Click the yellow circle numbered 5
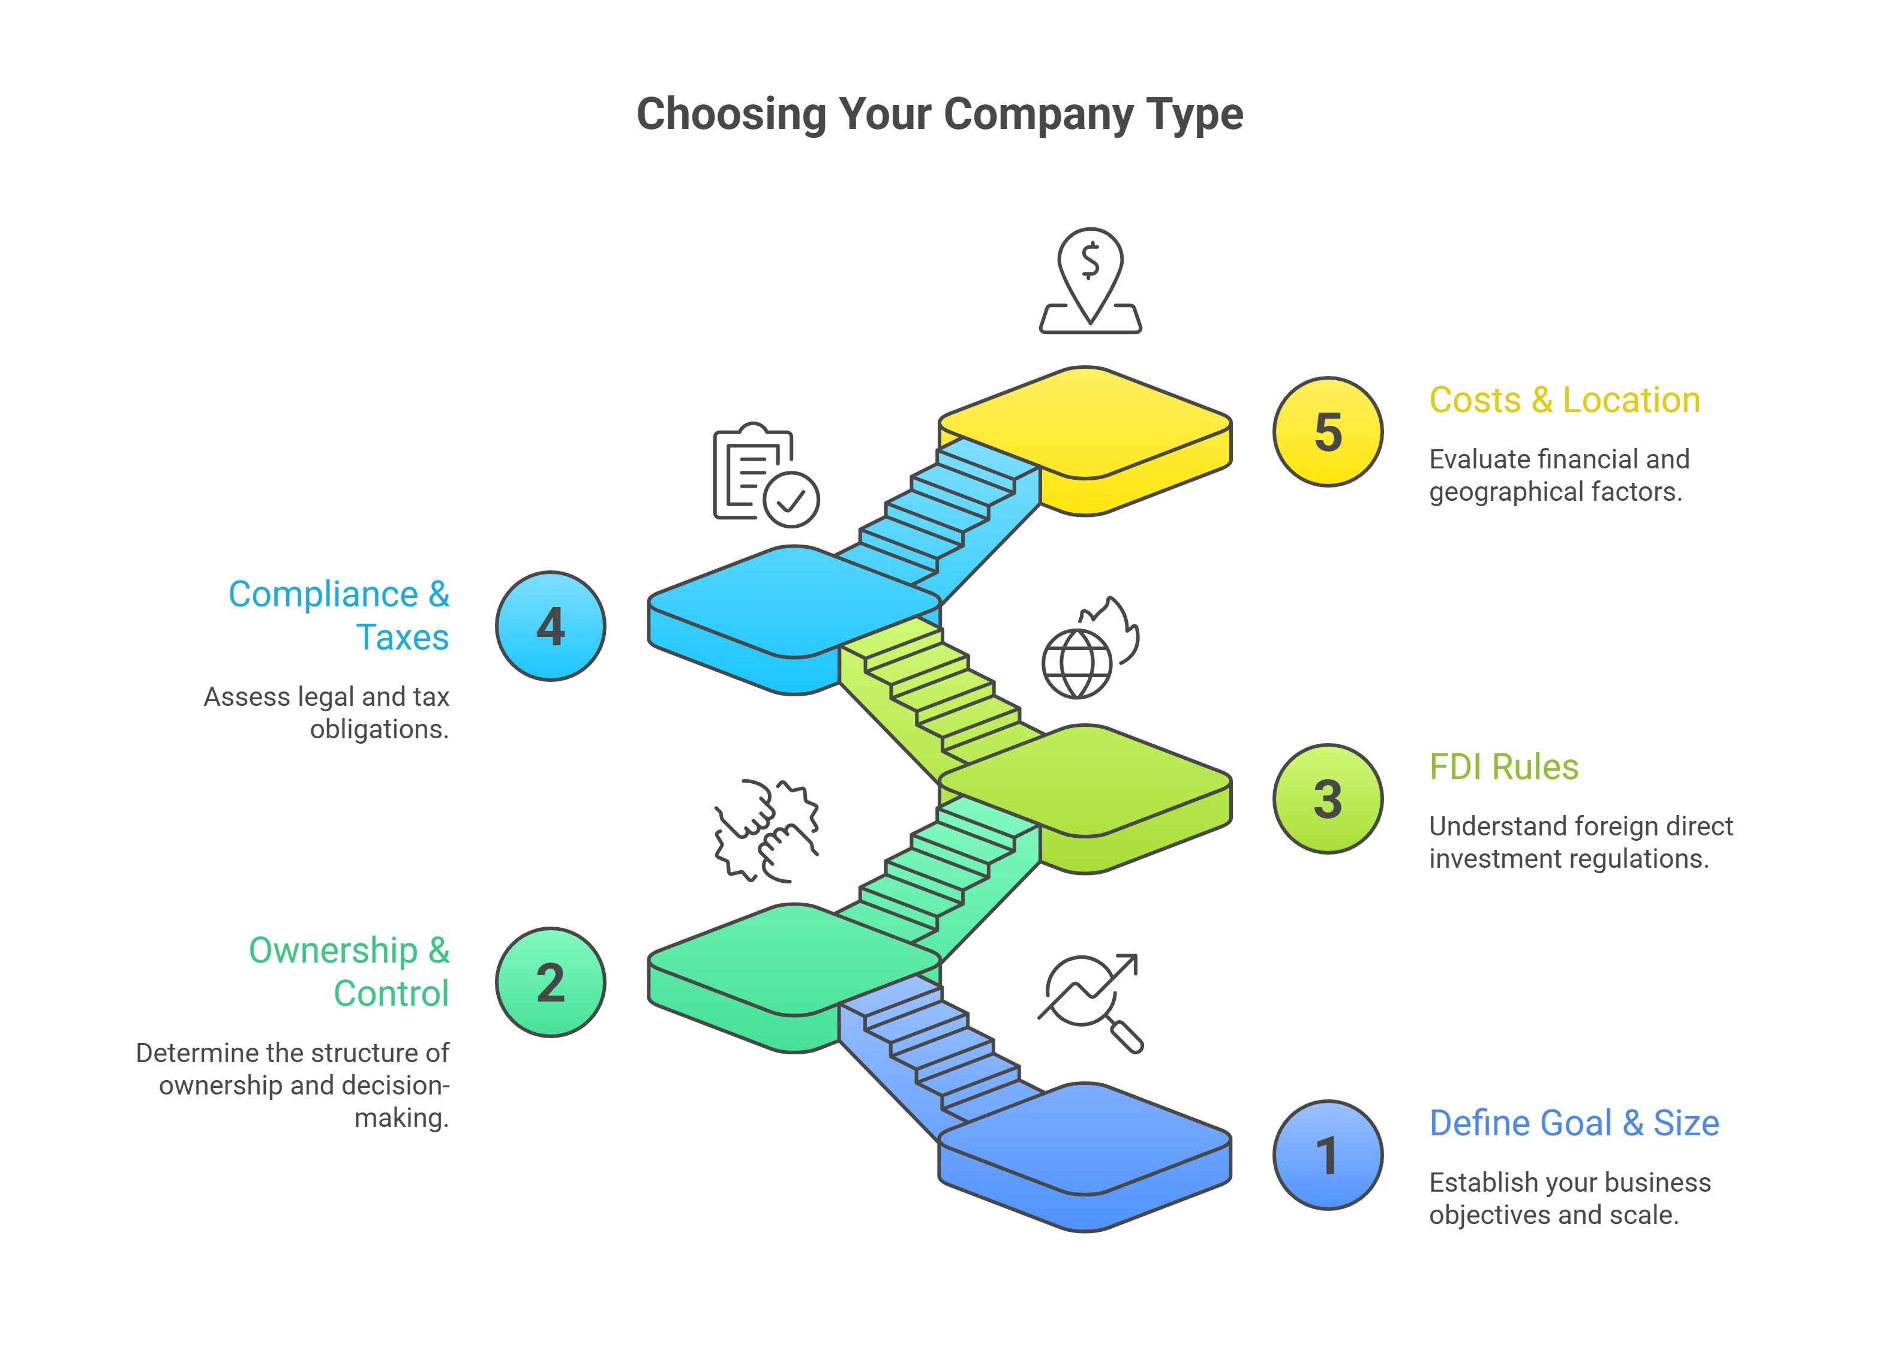(1327, 432)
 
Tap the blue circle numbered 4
(550, 626)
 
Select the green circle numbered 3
(1327, 799)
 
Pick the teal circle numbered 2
(550, 982)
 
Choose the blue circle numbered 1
(1327, 1155)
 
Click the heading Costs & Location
(1564, 400)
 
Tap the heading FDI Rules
(1503, 767)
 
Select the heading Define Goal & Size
(1574, 1123)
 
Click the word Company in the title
(1039, 115)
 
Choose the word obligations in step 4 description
(379, 730)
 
